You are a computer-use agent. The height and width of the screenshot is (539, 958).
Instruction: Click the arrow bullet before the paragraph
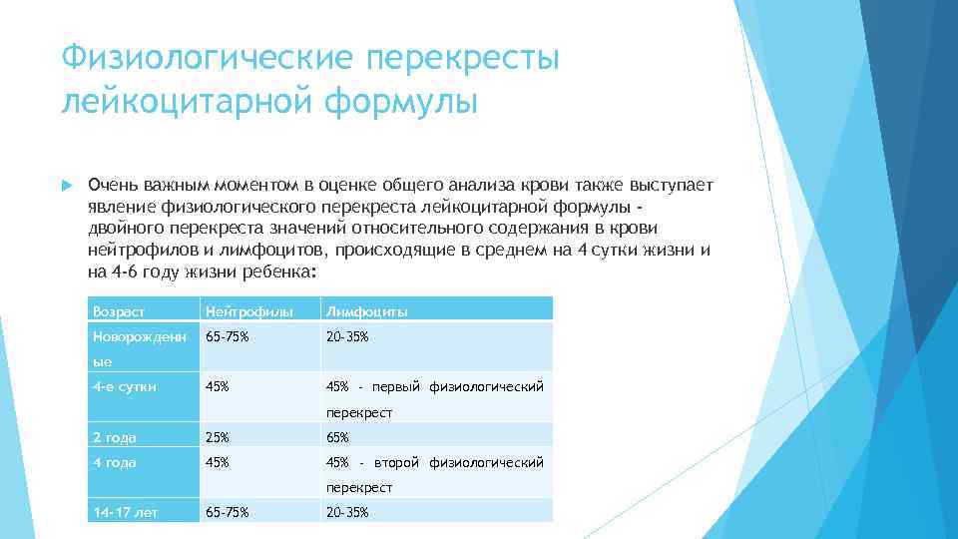coord(67,187)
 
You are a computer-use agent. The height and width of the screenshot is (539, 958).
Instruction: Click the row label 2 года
coord(114,437)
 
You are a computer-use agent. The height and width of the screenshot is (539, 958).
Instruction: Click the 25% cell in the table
coord(217,437)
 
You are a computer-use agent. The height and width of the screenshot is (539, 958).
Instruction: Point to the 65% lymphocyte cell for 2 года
coord(337,437)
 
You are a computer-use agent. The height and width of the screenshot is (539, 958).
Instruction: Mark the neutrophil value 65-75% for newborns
coord(227,336)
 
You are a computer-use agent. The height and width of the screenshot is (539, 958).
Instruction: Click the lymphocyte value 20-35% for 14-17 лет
coord(347,512)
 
